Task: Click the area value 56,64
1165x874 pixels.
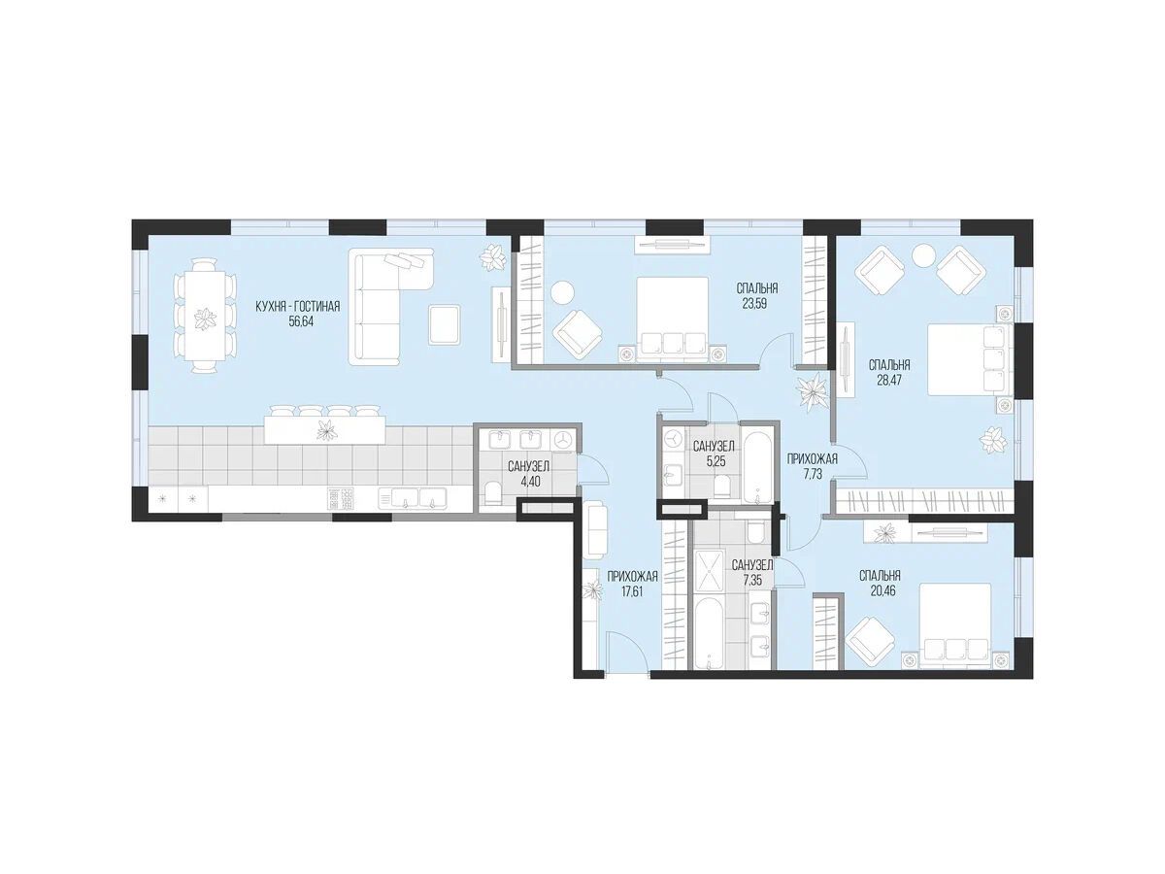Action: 298,321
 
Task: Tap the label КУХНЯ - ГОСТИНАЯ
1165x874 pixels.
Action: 298,307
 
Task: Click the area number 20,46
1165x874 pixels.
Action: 880,590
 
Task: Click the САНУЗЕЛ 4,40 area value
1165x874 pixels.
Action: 529,483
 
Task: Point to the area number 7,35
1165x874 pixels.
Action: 752,580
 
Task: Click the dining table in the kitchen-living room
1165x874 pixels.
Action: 204,317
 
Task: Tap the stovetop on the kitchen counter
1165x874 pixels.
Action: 340,499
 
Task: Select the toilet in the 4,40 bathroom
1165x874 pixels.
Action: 492,492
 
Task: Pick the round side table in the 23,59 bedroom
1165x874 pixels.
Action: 562,292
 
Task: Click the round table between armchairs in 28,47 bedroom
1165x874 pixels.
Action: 924,254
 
